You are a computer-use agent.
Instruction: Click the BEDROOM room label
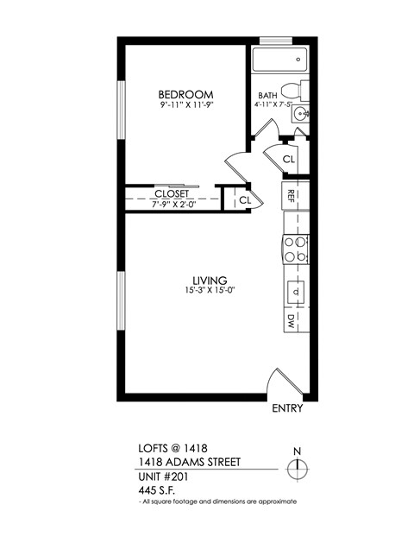tap(185, 94)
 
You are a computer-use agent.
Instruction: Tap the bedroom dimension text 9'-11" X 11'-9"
tap(185, 104)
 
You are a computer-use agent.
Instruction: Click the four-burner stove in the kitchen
tap(296, 249)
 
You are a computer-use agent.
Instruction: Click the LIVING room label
tap(209, 281)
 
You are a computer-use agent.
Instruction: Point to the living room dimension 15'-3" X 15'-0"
tap(209, 291)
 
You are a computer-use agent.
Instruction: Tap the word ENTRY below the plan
tap(287, 409)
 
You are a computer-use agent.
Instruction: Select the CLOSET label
tap(171, 193)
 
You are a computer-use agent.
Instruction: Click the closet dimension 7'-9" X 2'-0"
tap(171, 204)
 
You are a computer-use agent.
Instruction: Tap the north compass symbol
tap(297, 468)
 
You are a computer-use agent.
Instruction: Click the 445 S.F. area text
tap(157, 489)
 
